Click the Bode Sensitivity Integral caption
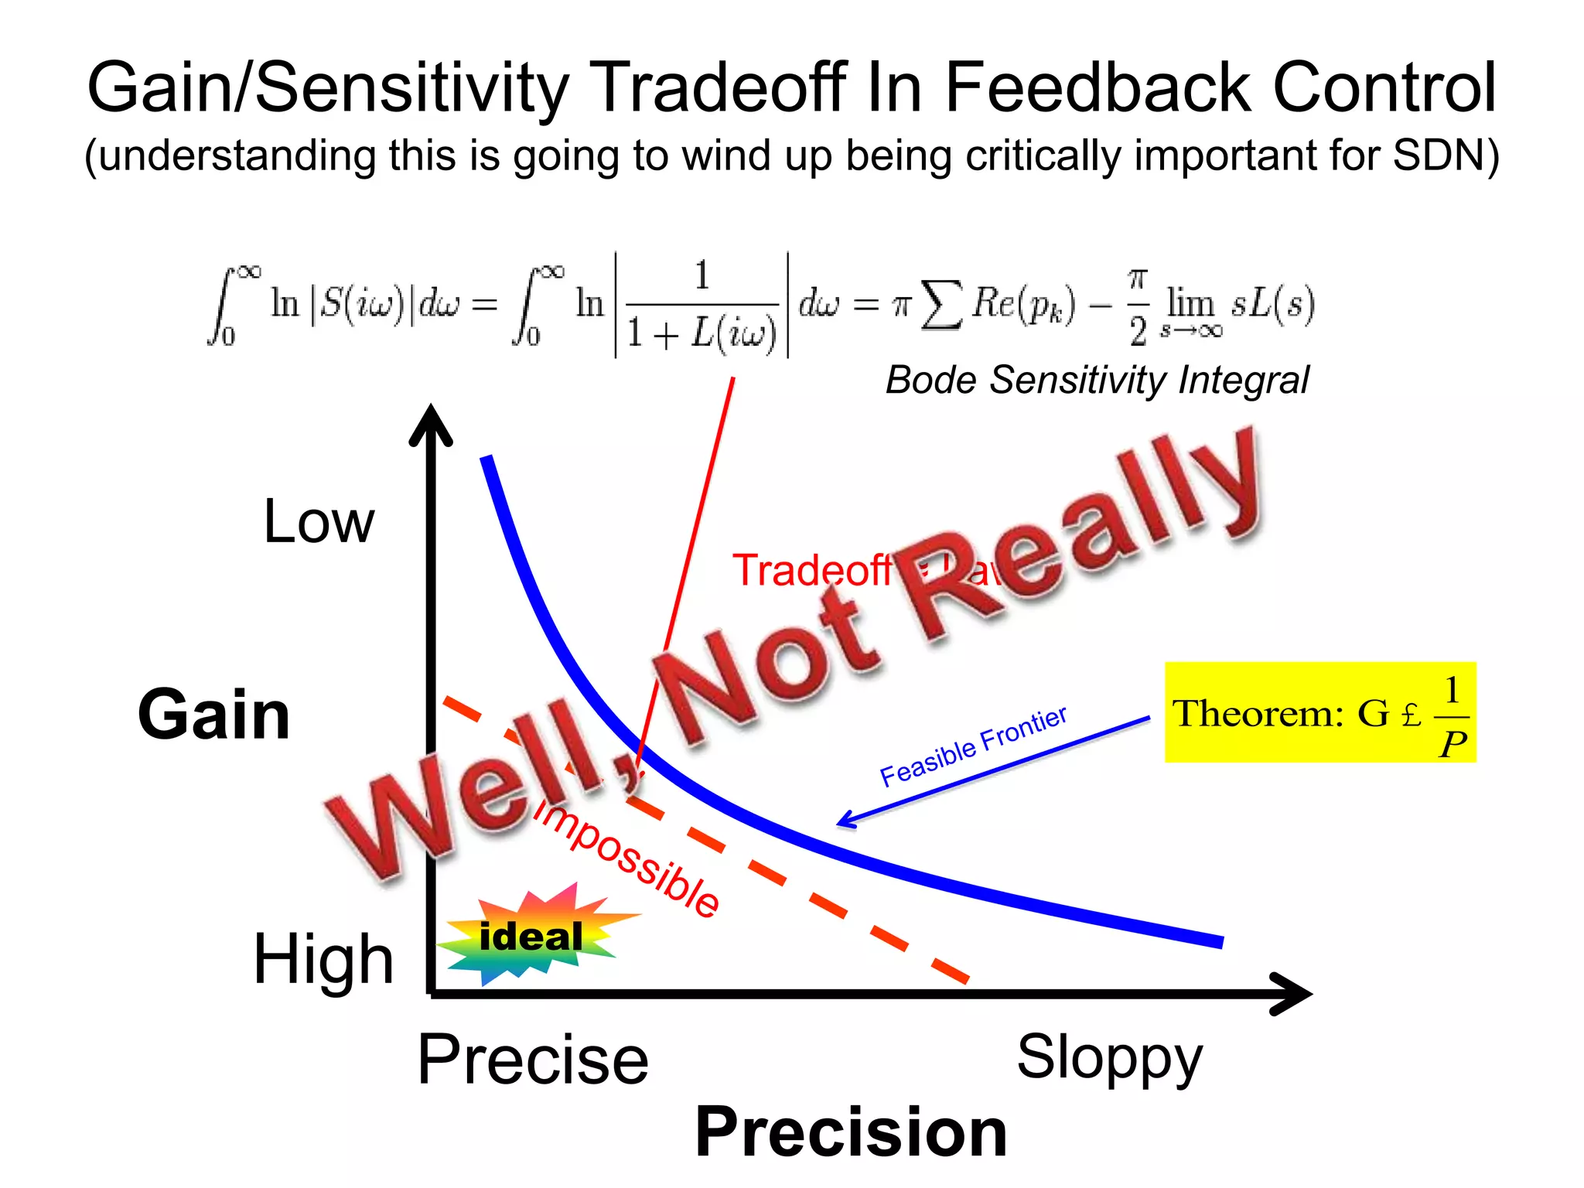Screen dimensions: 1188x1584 pos(1097,380)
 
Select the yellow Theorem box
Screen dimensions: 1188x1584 pos(1319,712)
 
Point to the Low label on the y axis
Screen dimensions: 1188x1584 pos(318,522)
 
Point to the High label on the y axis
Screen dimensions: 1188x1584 pos(323,959)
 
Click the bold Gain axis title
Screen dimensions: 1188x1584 pos(213,714)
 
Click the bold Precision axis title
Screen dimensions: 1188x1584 pos(851,1132)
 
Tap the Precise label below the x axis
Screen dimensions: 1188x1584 pos(532,1060)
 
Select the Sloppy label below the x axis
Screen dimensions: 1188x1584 pos(1109,1057)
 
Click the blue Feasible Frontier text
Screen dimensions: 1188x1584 pos(973,746)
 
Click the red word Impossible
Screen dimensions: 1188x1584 pos(626,859)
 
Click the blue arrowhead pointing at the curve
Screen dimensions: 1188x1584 pos(847,820)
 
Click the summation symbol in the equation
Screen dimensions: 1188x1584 pos(943,305)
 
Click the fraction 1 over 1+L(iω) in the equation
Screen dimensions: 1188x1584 pos(701,305)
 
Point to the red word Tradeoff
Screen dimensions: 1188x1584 pos(812,571)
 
